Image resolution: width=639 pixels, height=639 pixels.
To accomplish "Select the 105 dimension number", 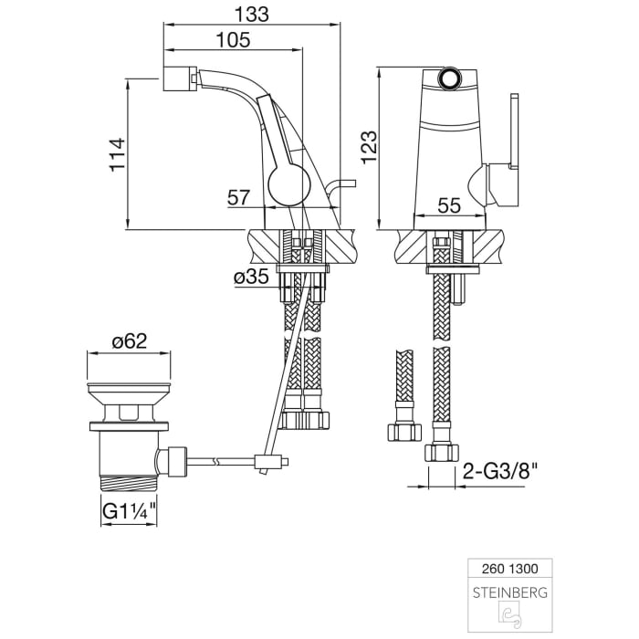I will [234, 39].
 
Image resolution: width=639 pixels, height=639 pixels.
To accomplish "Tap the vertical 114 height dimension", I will [115, 157].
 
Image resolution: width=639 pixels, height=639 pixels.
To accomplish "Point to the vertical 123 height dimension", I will [367, 146].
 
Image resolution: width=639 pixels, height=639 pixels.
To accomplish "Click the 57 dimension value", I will [239, 196].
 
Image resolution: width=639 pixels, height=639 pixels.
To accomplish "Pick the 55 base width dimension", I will [448, 205].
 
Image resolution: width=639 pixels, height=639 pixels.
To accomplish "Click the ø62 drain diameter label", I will [130, 341].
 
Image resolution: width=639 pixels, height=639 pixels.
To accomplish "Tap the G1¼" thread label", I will [126, 510].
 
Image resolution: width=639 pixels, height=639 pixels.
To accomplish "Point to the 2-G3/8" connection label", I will [498, 473].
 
